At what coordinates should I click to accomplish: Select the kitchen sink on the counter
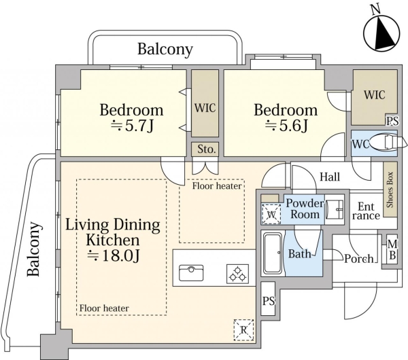click(191, 273)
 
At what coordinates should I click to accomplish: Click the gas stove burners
click(237, 274)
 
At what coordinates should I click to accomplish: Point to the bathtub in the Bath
click(273, 253)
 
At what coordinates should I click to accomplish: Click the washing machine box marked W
click(271, 214)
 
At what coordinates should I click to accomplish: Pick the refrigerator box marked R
click(243, 329)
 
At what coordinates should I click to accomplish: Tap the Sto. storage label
click(206, 149)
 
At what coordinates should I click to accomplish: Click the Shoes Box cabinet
click(390, 190)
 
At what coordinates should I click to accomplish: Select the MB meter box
click(392, 249)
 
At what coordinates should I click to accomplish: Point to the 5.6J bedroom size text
click(286, 126)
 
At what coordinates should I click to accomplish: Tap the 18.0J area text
click(114, 255)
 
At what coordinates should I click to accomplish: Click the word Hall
click(330, 177)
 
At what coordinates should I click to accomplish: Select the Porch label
click(359, 258)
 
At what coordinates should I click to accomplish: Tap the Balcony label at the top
click(165, 49)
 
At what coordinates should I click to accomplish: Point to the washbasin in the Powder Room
click(335, 209)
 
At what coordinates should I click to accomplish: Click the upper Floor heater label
click(217, 186)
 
